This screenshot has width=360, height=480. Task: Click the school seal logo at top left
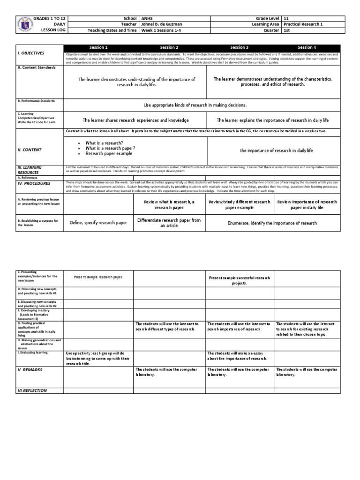point(25,24)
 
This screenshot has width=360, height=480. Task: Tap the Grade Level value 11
point(286,18)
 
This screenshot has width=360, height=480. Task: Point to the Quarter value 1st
point(287,31)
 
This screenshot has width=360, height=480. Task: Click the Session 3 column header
point(238,47)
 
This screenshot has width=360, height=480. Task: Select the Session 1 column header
point(98,47)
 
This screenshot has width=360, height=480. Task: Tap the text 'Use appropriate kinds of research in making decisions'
point(202,105)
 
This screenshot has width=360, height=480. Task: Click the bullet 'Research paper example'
point(109,154)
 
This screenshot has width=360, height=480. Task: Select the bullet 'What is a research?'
point(105,142)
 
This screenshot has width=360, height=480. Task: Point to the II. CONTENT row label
point(30,150)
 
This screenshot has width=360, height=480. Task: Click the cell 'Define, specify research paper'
point(98,223)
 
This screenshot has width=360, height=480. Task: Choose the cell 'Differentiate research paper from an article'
point(169,223)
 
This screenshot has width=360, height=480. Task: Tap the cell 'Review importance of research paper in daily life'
point(307,204)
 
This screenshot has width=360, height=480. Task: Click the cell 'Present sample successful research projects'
point(240,280)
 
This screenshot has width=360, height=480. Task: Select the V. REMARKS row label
point(30,370)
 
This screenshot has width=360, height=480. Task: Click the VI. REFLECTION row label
point(32,390)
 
